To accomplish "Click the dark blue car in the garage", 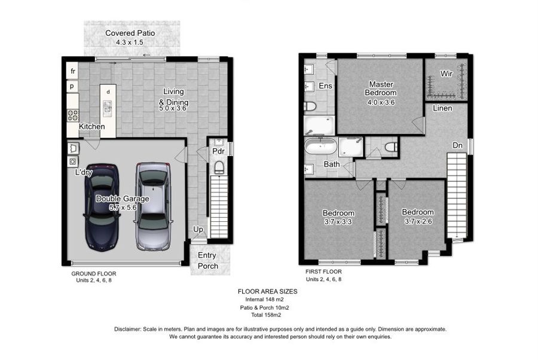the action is click(x=102, y=206).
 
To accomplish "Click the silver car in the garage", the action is click(x=153, y=206).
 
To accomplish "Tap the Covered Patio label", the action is click(x=130, y=33).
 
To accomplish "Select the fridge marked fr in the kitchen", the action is click(x=72, y=71).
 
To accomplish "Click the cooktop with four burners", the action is click(x=73, y=115).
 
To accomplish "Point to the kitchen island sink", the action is click(x=108, y=108).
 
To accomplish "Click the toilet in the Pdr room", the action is click(x=219, y=168).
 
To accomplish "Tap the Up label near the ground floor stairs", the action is click(x=198, y=229).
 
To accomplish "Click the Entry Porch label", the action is click(x=207, y=261).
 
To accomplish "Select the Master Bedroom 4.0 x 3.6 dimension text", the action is click(x=381, y=102).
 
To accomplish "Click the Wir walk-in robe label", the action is click(x=446, y=74).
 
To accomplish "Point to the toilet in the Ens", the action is click(x=310, y=106).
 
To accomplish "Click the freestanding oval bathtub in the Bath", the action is click(x=321, y=146).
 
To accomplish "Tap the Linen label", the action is click(x=442, y=108).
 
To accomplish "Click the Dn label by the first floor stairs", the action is click(x=457, y=145).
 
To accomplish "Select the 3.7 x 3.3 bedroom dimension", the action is click(x=338, y=222).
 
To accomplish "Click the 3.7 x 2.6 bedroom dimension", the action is click(x=418, y=221).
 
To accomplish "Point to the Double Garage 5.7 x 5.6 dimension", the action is click(x=123, y=208).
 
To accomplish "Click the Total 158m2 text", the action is click(x=266, y=315).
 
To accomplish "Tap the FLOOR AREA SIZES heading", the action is click(x=268, y=291).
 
